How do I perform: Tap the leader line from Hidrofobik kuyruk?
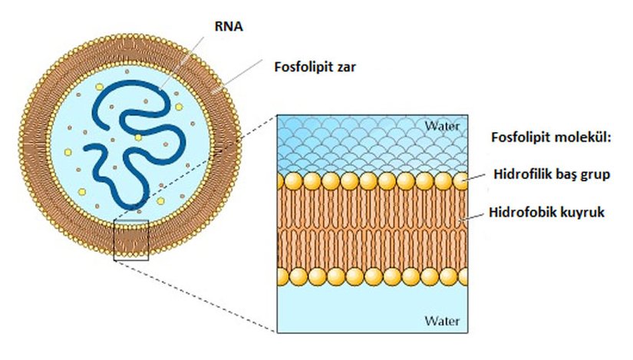(x=473, y=216)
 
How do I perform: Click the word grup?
(x=594, y=175)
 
